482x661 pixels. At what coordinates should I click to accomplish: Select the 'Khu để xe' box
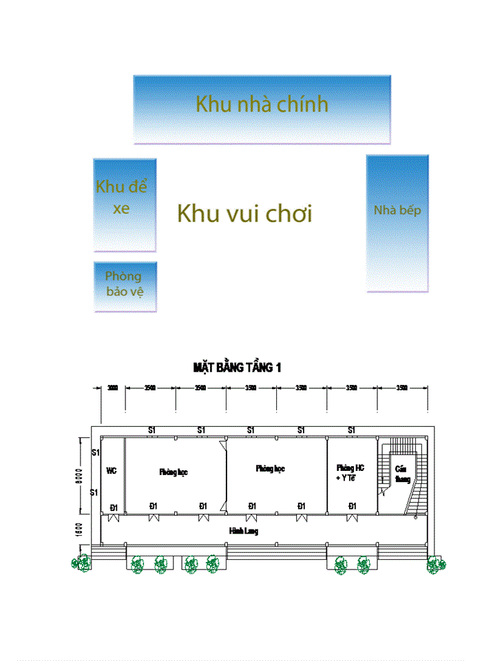tap(125, 204)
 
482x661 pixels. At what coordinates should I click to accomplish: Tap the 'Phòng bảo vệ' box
tap(125, 286)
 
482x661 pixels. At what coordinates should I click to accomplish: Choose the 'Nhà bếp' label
tap(397, 211)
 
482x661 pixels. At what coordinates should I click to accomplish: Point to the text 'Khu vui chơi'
tap(244, 213)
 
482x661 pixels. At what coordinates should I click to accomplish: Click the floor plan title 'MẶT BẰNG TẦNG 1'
tap(238, 368)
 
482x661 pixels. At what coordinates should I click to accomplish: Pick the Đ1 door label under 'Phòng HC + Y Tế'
tap(352, 507)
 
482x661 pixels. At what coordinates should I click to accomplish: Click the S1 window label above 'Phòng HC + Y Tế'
tap(351, 430)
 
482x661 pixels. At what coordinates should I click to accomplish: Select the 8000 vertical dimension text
tap(80, 475)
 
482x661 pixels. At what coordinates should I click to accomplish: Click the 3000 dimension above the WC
tap(113, 388)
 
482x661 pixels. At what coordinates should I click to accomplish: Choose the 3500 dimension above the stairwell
tap(402, 388)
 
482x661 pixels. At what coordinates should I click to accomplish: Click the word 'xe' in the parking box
tap(121, 209)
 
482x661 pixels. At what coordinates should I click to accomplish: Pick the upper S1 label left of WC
tap(96, 452)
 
